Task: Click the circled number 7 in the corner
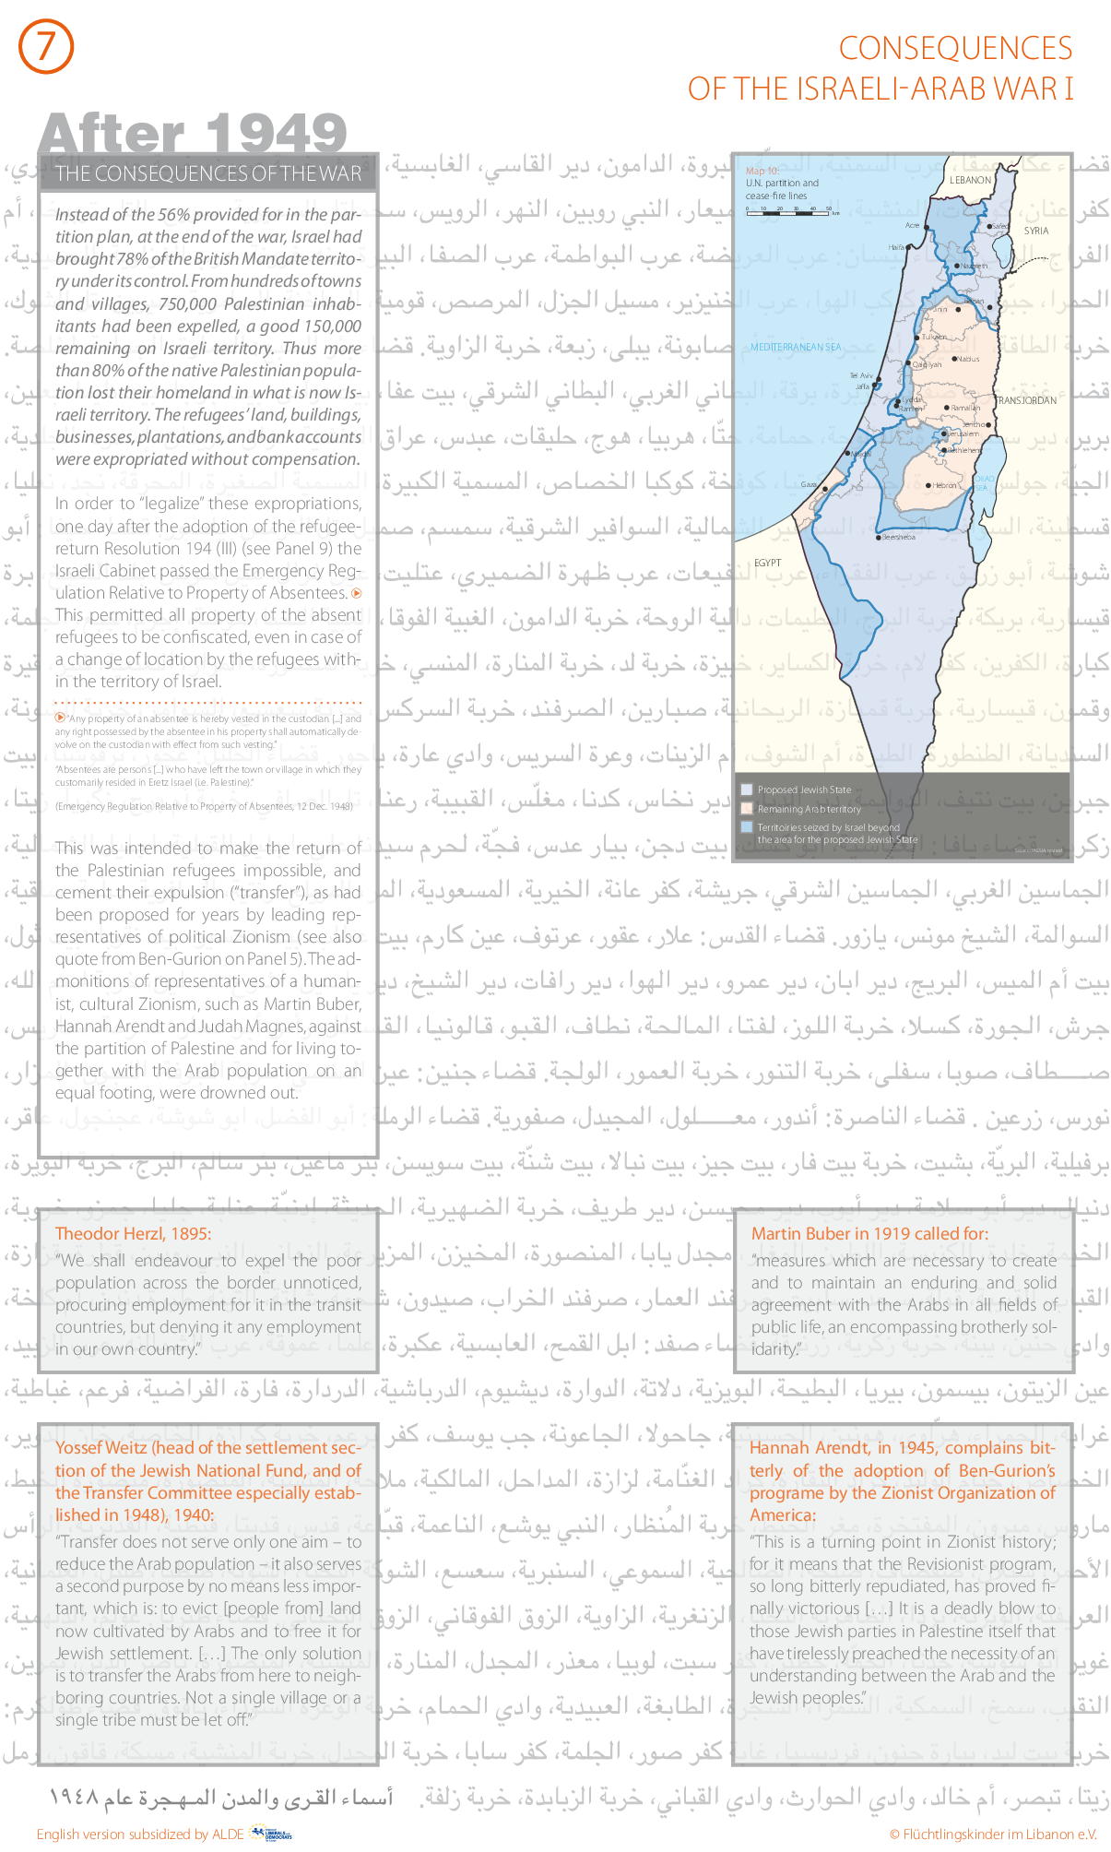click(45, 47)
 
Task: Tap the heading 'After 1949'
click(193, 133)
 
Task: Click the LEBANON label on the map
click(970, 181)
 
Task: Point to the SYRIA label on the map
click(1035, 231)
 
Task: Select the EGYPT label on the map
click(767, 563)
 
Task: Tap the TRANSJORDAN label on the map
click(1026, 401)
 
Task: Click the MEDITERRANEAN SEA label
click(795, 348)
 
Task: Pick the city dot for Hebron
click(928, 484)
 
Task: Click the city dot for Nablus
click(954, 359)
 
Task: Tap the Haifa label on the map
click(896, 247)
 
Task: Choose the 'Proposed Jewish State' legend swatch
click(747, 789)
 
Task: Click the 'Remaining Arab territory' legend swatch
click(747, 809)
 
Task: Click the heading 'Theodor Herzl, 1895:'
click(133, 1234)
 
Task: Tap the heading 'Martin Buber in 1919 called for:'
click(869, 1234)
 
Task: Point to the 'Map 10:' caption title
click(762, 171)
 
